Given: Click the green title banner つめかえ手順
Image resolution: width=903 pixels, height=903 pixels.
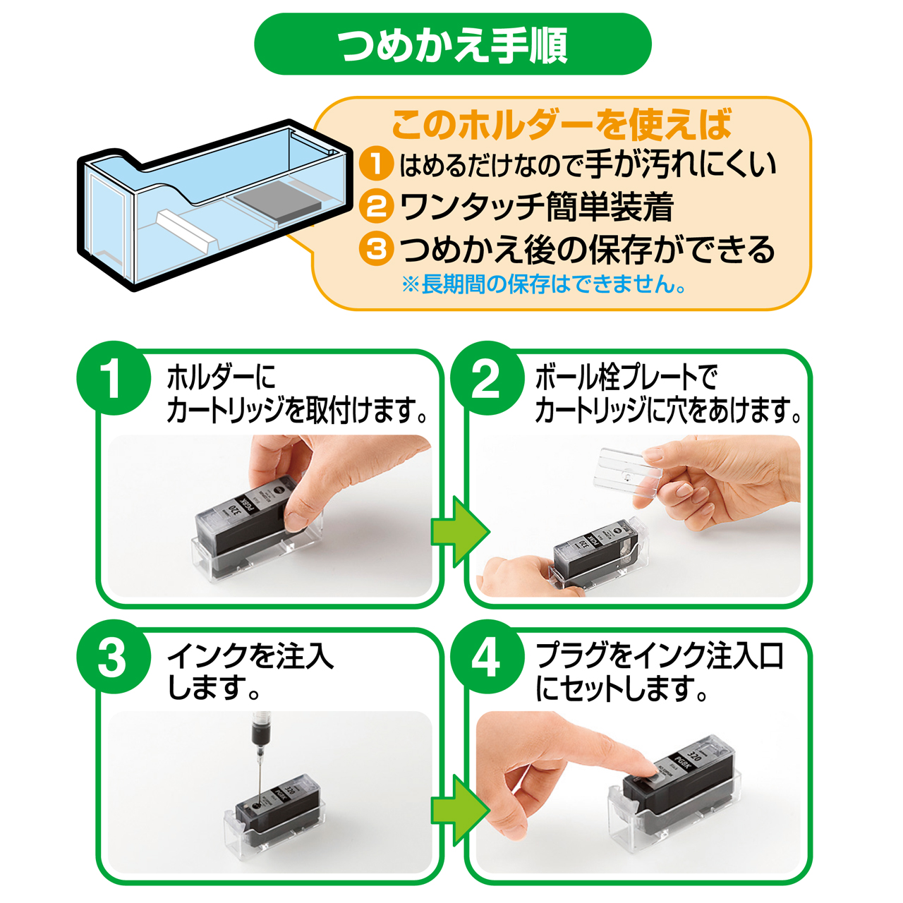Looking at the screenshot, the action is (453, 44).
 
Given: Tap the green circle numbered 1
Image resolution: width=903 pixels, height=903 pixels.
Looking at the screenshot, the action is (114, 378).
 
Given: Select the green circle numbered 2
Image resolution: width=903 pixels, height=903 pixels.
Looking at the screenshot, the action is (487, 378).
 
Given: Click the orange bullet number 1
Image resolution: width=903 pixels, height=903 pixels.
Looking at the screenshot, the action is (376, 164).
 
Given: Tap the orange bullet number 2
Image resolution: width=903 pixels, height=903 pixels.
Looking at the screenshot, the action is (376, 206).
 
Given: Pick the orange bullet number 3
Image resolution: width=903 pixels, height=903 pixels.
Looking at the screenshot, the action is (376, 248).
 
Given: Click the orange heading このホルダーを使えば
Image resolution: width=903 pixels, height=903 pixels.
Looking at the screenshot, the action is (562, 125).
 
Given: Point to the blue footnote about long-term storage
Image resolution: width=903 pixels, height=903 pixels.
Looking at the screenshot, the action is (544, 284).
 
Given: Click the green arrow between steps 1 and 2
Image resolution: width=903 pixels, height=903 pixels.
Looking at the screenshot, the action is (460, 533).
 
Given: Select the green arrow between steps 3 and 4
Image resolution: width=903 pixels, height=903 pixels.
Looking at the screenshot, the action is (460, 810).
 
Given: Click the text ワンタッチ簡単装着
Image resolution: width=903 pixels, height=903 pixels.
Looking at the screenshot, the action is (537, 207).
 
